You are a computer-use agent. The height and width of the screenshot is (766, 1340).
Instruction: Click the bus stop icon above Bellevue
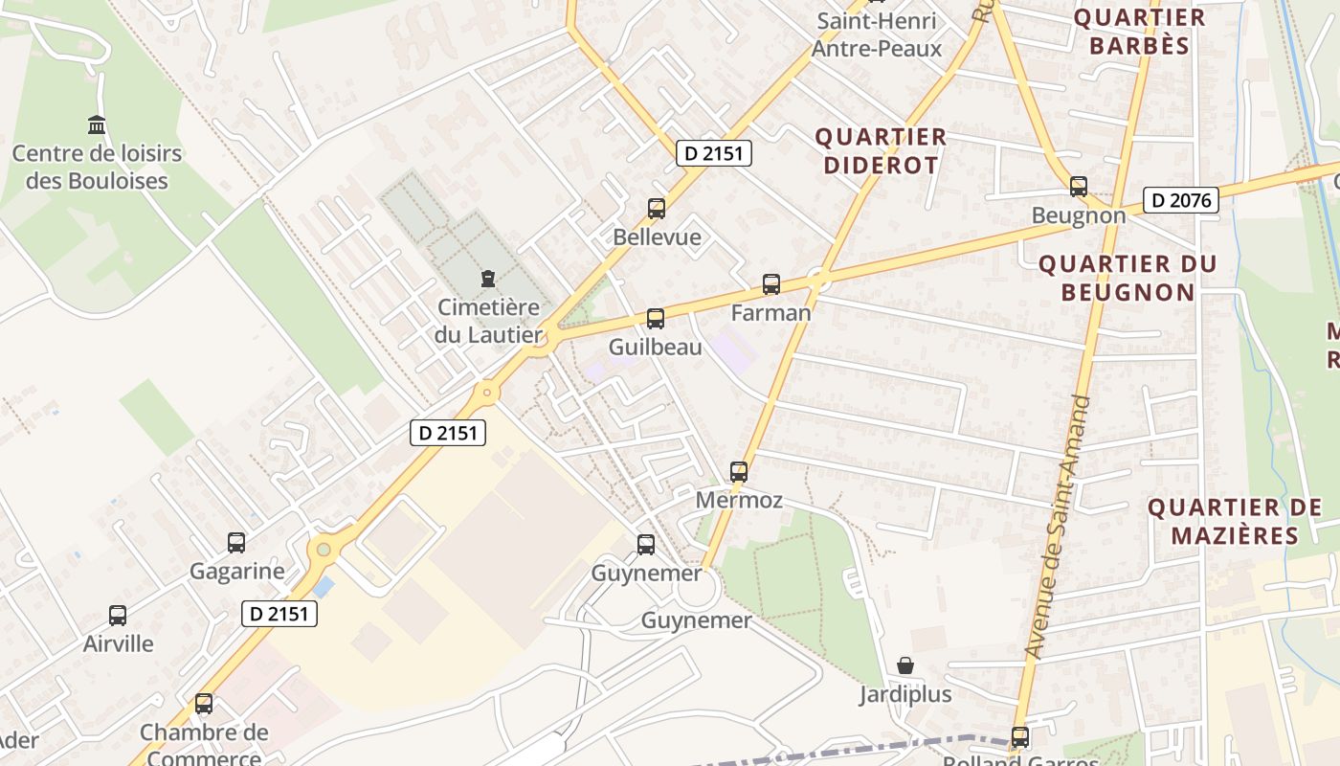pos(656,208)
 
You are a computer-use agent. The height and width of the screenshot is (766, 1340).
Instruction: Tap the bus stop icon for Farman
pos(770,283)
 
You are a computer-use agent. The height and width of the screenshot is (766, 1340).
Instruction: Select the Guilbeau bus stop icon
pos(655,319)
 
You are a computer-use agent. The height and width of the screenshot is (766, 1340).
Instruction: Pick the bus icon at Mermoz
pos(738,471)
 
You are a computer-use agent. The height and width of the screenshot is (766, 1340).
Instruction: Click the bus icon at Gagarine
pos(236,543)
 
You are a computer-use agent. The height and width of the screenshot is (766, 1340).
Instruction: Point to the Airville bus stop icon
pos(118,616)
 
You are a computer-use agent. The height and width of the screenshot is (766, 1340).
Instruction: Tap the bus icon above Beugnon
pos(1079,187)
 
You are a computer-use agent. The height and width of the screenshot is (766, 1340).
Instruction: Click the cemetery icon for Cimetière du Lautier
pos(488,279)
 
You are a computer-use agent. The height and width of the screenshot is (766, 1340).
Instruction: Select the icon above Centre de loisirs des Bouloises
pos(97,124)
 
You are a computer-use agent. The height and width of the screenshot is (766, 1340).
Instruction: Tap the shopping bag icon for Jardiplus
pos(904,665)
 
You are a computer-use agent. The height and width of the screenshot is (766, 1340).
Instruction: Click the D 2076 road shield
pos(1180,200)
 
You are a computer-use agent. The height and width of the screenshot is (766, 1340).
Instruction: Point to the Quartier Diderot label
pos(881,151)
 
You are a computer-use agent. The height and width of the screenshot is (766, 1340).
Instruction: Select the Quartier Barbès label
pos(1138,32)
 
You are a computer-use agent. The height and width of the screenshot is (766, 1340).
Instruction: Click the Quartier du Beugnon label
pos(1128,278)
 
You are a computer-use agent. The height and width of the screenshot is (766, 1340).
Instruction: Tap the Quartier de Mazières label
pos(1234,521)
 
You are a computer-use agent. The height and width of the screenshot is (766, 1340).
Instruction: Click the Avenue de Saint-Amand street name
pos(1058,527)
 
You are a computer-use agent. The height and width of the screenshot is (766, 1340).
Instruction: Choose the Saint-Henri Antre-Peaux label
pos(876,34)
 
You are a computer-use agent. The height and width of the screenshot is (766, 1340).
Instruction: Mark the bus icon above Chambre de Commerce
pos(203,704)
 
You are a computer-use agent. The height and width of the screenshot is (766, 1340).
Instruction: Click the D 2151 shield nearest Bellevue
pos(713,152)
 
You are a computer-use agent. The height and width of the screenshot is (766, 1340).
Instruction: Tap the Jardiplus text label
pos(904,694)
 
